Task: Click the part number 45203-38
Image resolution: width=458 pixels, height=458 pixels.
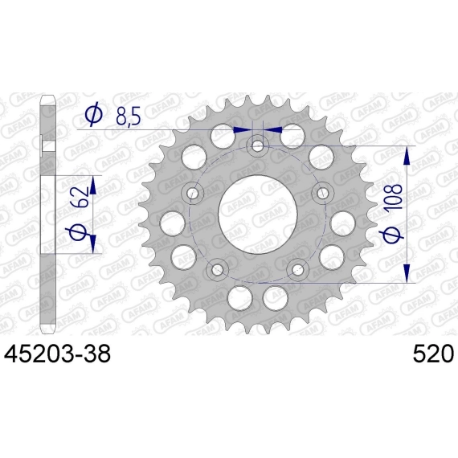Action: [x=57, y=354]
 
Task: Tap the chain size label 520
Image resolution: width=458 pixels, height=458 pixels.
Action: [x=433, y=354]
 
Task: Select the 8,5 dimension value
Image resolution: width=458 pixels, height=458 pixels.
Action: [x=129, y=117]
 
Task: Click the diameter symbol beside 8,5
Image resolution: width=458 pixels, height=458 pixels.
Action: [x=94, y=115]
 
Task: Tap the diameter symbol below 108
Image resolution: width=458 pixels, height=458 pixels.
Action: [x=391, y=235]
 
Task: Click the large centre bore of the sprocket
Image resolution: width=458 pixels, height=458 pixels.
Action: [x=258, y=214]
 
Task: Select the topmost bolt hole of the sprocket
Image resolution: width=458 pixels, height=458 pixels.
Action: [x=258, y=145]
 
